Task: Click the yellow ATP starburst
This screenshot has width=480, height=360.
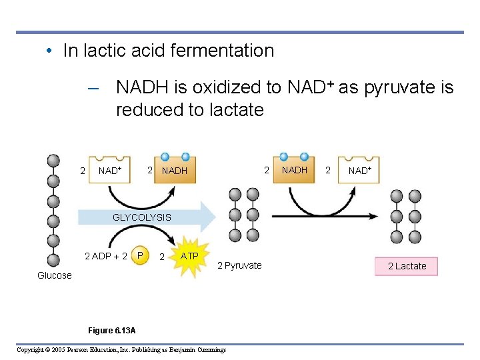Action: pyautogui.click(x=189, y=257)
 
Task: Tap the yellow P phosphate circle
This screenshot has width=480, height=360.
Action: pyautogui.click(x=140, y=256)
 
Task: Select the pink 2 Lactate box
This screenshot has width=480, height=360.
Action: pyautogui.click(x=407, y=266)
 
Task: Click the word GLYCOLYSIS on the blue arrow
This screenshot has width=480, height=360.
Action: pyautogui.click(x=141, y=217)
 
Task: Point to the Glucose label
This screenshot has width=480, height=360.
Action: pyautogui.click(x=54, y=275)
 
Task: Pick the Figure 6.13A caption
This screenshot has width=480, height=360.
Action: pyautogui.click(x=111, y=331)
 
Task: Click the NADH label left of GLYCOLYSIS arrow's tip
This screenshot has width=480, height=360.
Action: pyautogui.click(x=175, y=171)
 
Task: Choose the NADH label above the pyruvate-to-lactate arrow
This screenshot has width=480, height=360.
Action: pyautogui.click(x=294, y=170)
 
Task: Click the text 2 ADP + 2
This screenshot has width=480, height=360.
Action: pyautogui.click(x=105, y=257)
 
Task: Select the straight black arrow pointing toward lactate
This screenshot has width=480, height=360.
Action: pyautogui.click(x=327, y=216)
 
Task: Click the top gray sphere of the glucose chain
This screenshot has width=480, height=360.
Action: pyautogui.click(x=53, y=161)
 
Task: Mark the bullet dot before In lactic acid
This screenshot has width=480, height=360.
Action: pyautogui.click(x=50, y=51)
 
